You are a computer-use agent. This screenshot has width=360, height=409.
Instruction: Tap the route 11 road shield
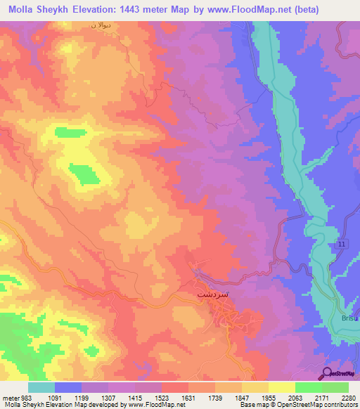coord(342,242)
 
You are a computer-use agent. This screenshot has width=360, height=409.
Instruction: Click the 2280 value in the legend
coord(349,398)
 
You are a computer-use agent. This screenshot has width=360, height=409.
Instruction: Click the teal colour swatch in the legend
coord(41,387)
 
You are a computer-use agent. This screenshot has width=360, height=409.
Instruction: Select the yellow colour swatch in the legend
coord(281,387)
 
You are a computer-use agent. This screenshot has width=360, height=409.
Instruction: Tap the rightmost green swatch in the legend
coord(335,387)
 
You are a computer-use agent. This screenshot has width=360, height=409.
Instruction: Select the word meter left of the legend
coord(9,398)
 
